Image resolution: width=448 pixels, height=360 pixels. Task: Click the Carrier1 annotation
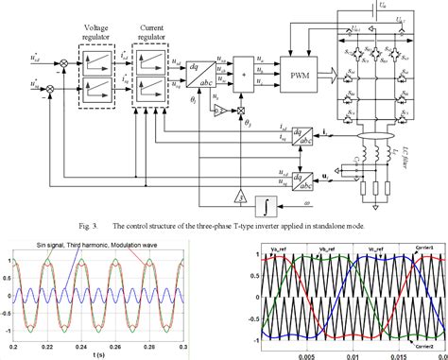pyautogui.click(x=423, y=245)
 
